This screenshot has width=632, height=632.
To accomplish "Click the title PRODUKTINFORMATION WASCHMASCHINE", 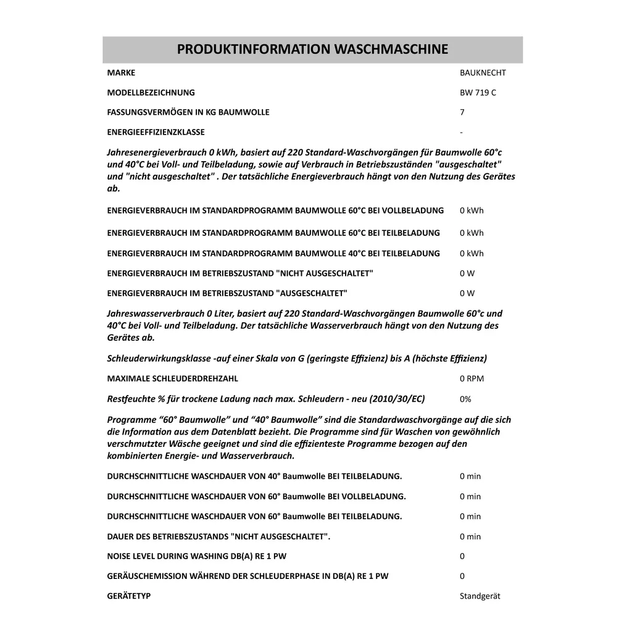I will click(312, 49).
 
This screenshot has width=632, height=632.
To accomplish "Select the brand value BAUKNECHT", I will click(483, 73).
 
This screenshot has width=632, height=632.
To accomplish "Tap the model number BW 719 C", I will click(478, 93).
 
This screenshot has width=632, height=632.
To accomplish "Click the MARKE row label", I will click(121, 73).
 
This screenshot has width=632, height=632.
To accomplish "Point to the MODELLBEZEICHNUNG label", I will click(151, 93).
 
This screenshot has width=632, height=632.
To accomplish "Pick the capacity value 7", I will click(462, 112).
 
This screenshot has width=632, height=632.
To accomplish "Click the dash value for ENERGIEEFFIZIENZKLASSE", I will click(462, 132).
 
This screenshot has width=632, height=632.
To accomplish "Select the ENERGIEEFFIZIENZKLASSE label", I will click(156, 132).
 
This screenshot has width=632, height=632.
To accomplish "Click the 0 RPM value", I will click(472, 378).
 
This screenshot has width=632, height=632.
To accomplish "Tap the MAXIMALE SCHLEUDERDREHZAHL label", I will click(172, 378).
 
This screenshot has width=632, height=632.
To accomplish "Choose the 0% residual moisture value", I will click(466, 399).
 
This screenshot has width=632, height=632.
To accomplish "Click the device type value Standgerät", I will click(480, 596).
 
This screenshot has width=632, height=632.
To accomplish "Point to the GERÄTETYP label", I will click(129, 596).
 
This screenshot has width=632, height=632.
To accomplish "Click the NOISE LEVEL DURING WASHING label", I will click(197, 556).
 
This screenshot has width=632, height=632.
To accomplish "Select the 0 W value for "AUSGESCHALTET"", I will click(467, 293).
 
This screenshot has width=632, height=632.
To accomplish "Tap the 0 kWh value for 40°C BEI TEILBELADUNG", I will click(472, 253).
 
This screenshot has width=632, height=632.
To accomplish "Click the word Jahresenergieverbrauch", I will click(157, 152).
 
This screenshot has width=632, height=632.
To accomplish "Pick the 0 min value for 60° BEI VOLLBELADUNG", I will click(470, 496).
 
